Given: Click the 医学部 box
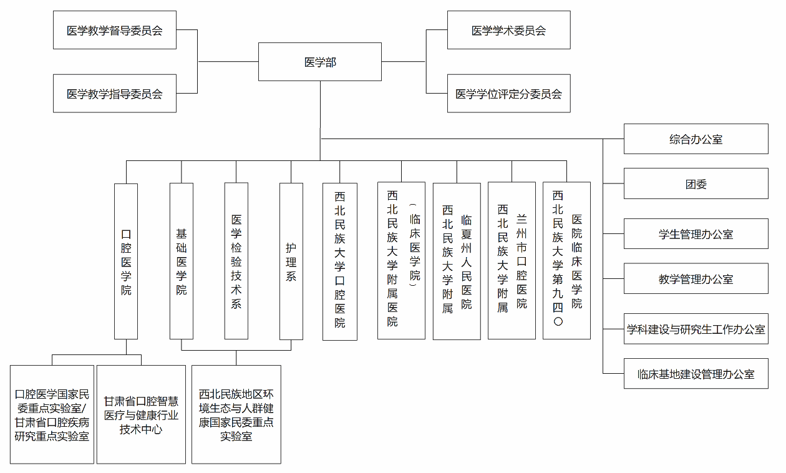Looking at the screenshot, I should (x=320, y=62).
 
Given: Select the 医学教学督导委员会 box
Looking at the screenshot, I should (x=115, y=30).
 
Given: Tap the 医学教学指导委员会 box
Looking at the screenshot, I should (x=115, y=94).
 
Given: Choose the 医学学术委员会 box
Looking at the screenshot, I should (x=508, y=30).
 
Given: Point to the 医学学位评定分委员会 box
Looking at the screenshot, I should (x=508, y=94).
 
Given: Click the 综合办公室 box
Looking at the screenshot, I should (x=696, y=139).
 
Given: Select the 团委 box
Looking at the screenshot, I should (x=696, y=184).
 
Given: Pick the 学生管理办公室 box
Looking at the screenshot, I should (x=696, y=234).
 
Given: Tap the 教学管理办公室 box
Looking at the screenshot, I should (x=696, y=279).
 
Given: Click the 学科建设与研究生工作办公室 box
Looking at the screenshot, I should (x=696, y=329).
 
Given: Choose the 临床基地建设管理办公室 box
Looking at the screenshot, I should (x=696, y=374).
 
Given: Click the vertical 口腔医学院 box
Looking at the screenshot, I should (x=126, y=261).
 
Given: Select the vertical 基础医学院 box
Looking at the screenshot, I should (x=182, y=261).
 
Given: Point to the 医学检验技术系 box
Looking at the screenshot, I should (x=236, y=261).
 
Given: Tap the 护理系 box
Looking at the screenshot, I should (x=291, y=261).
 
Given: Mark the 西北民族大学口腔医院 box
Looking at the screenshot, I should (x=340, y=261).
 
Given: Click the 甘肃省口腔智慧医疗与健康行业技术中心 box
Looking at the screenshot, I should (x=141, y=414).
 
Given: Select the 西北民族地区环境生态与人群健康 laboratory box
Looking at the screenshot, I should (x=236, y=414).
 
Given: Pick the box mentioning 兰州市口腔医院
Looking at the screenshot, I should (x=512, y=261).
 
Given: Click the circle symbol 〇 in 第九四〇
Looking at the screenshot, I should (x=558, y=322).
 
